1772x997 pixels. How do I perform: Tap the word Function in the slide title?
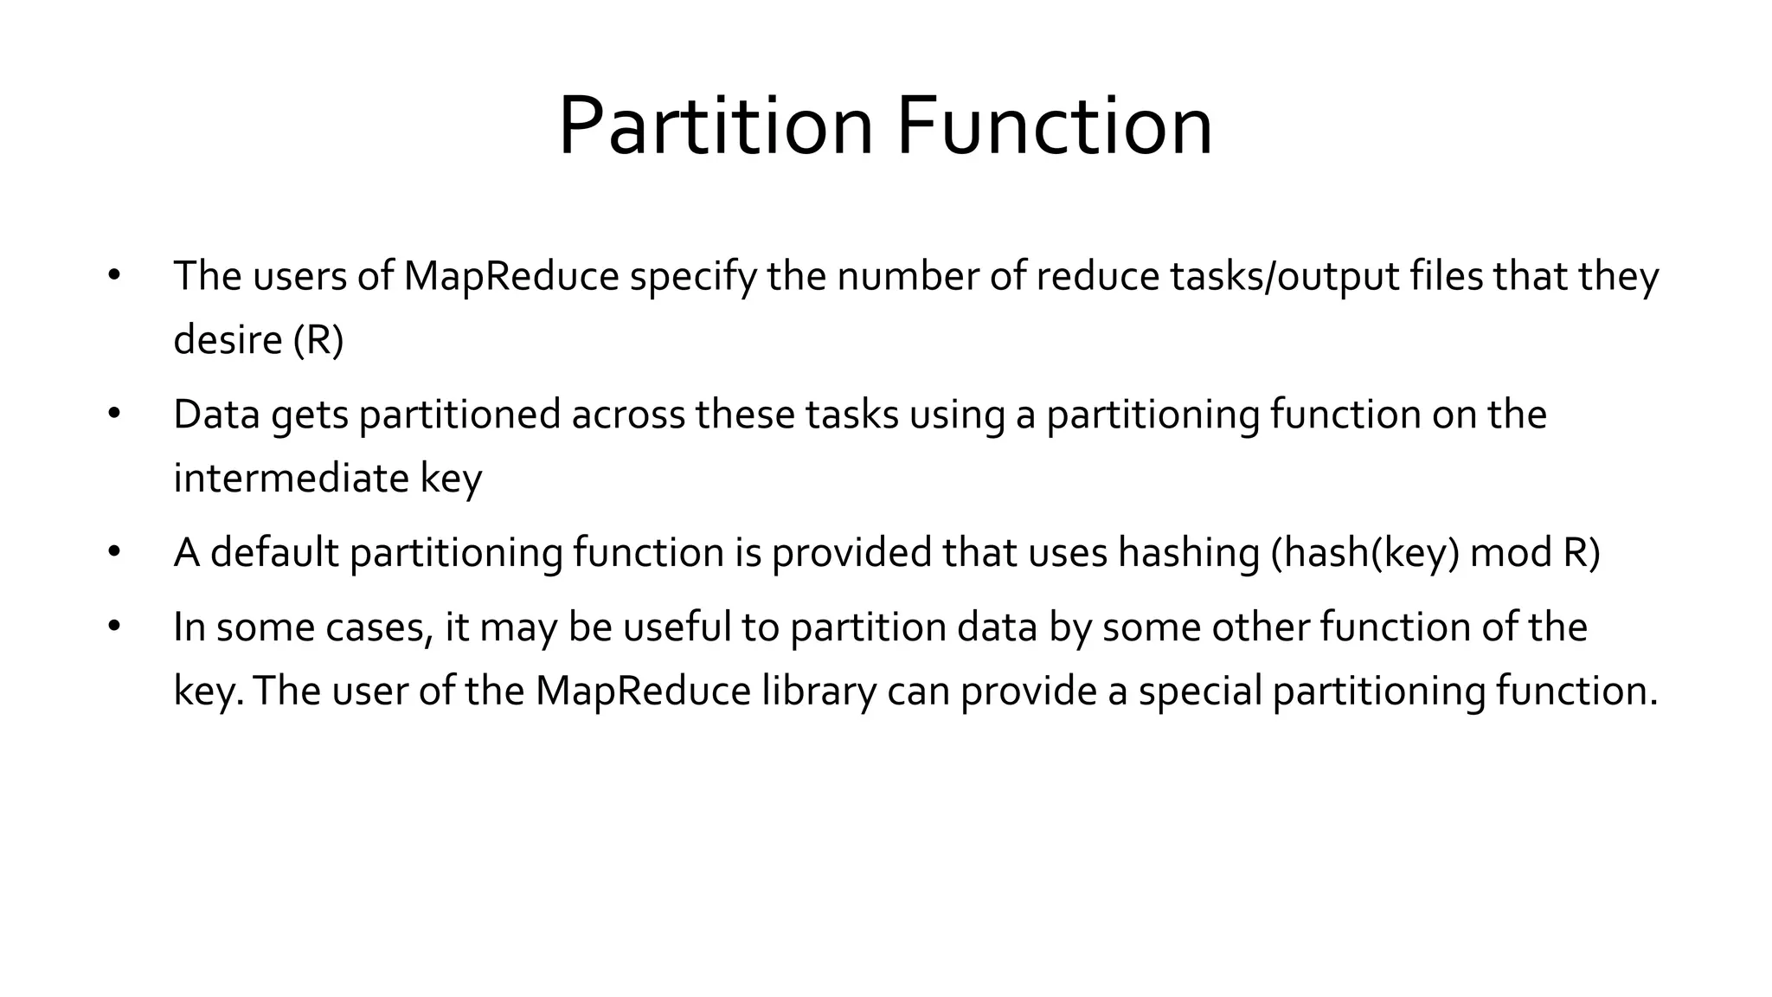[1054, 126]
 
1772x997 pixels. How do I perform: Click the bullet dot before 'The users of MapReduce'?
[113, 276]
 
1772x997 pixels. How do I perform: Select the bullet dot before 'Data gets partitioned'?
[113, 415]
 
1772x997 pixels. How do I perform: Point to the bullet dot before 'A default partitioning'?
[113, 552]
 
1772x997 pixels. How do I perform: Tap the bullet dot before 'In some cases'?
[113, 627]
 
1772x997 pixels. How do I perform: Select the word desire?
[228, 339]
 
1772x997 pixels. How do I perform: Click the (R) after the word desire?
[318, 339]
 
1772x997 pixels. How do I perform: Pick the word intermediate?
[291, 478]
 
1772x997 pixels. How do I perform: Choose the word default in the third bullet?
[274, 553]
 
